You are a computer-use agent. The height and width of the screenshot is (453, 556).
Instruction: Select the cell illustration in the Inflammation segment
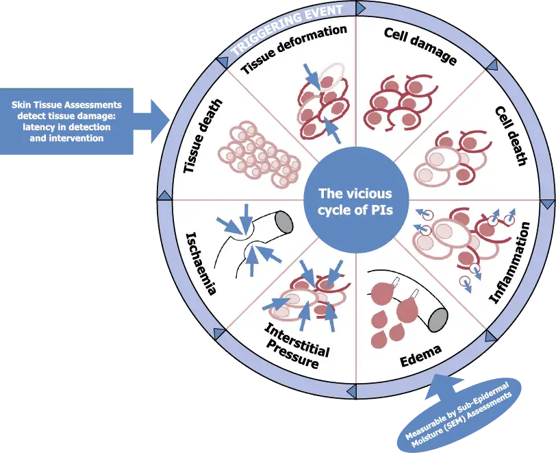pos(455,240)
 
